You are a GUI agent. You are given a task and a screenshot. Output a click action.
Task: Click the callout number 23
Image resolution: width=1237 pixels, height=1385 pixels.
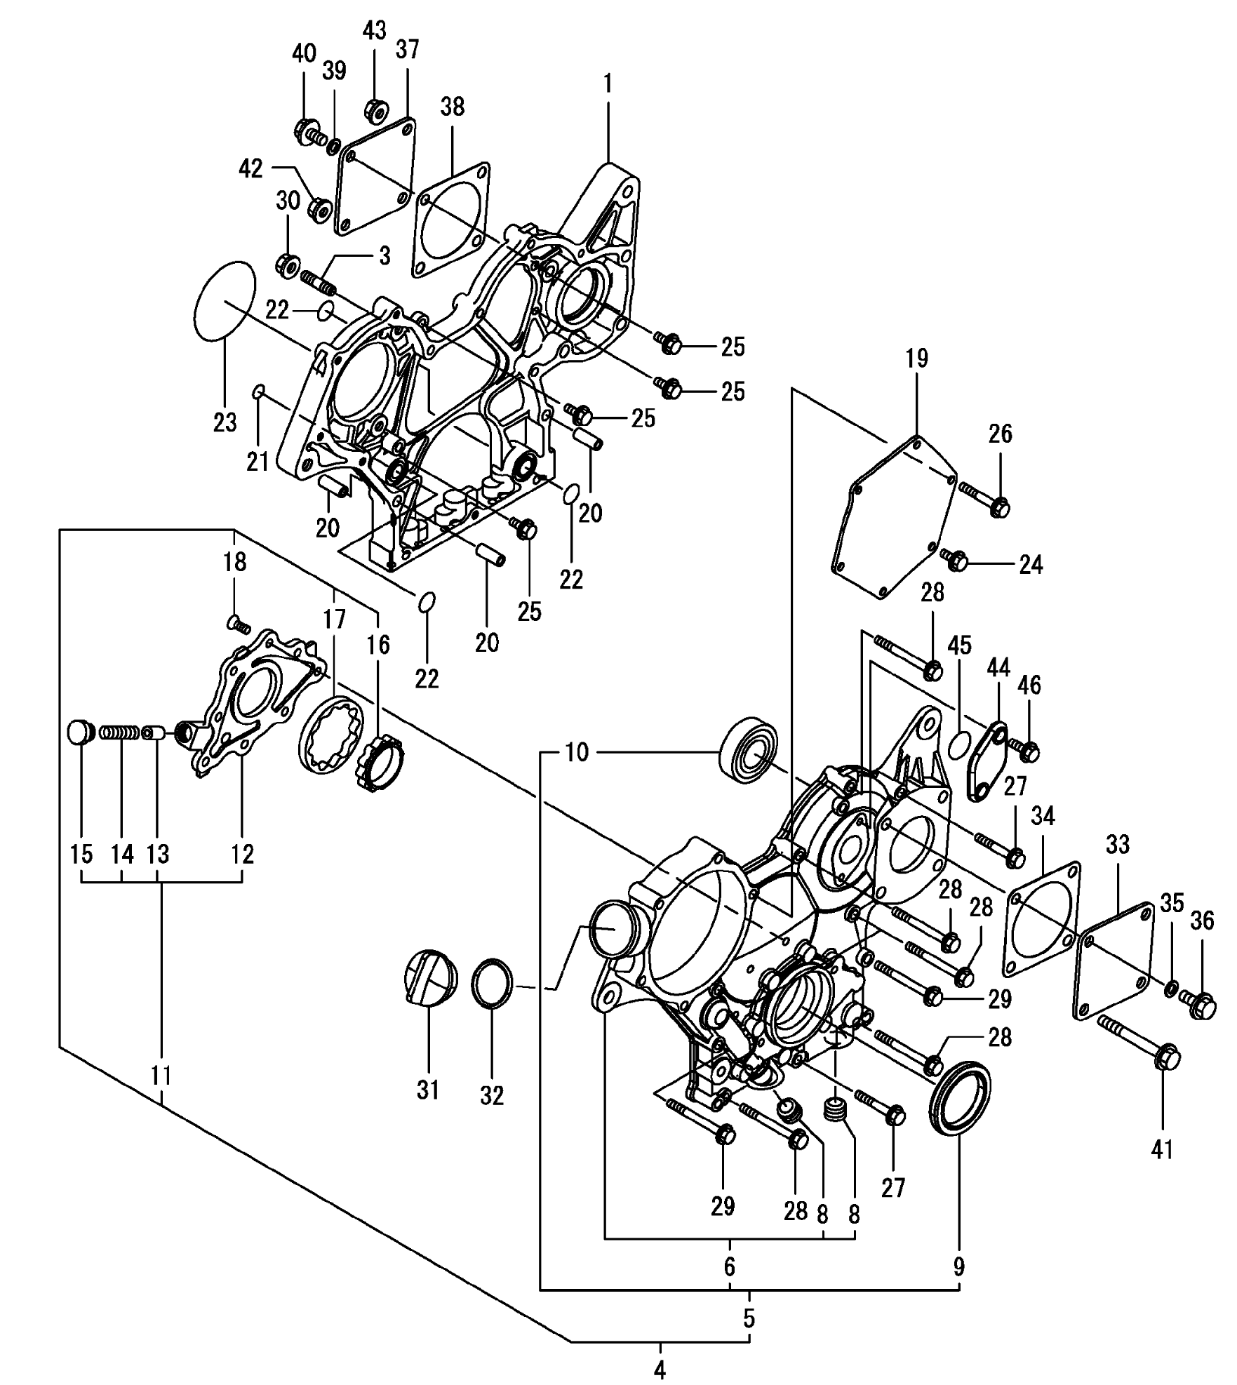[225, 422]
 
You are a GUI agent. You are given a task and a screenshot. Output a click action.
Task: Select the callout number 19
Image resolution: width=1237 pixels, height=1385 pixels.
[917, 359]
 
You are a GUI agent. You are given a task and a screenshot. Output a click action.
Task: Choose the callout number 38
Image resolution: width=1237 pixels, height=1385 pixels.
[453, 107]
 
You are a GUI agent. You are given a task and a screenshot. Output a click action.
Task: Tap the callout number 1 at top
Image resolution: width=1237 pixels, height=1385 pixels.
[608, 83]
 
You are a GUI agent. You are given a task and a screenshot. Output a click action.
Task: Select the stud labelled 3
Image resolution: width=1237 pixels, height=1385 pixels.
[319, 283]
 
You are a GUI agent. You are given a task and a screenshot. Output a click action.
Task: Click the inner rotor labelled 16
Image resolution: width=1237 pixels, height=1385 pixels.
[383, 761]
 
